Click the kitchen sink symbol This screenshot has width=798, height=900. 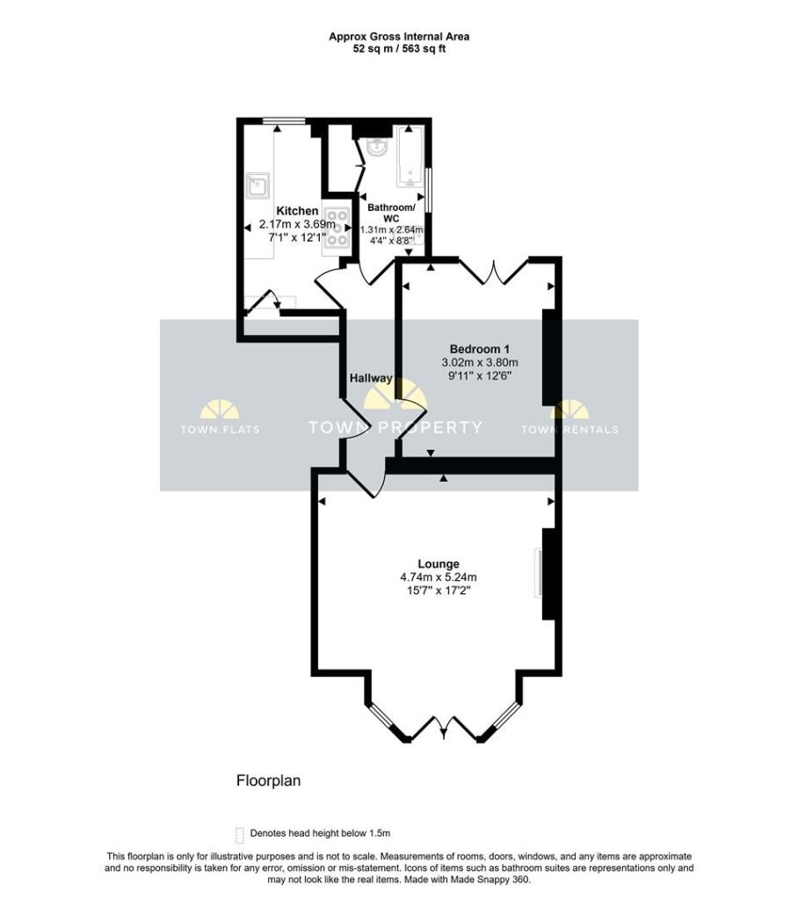tap(258, 185)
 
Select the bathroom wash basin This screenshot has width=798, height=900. tap(378, 147)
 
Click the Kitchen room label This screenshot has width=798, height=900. tap(297, 211)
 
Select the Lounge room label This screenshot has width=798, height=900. tap(438, 563)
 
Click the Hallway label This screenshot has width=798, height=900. tap(370, 378)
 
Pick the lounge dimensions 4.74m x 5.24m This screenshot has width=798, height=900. tap(438, 577)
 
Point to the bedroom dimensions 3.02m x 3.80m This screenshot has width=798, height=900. tap(480, 361)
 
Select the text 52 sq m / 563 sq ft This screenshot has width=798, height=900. tap(399, 49)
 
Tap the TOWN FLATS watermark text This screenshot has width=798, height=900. tap(220, 430)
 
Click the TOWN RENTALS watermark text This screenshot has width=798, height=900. tap(569, 430)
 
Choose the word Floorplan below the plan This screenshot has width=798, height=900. tap(268, 780)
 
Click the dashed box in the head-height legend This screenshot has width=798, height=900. tap(239, 833)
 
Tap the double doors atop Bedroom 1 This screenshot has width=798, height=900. tap(493, 272)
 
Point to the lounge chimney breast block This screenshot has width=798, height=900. tap(549, 574)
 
